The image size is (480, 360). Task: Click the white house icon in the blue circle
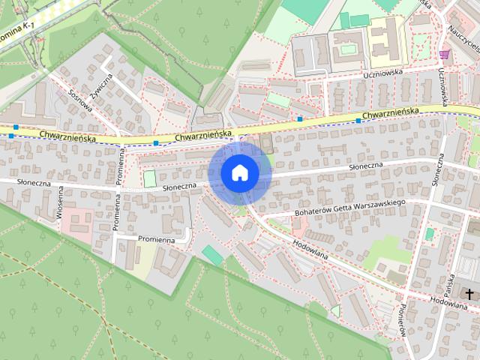click(x=239, y=172)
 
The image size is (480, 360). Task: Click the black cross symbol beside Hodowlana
click(x=469, y=293)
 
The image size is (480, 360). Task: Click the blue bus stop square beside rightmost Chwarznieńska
click(x=358, y=121)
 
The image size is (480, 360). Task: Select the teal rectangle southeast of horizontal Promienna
click(x=213, y=256)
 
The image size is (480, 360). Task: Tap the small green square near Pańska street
click(x=429, y=234)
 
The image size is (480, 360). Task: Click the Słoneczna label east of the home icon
click(x=366, y=165)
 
